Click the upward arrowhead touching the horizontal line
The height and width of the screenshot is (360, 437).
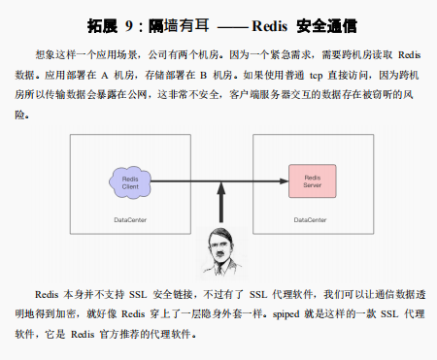(x=222, y=188)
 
